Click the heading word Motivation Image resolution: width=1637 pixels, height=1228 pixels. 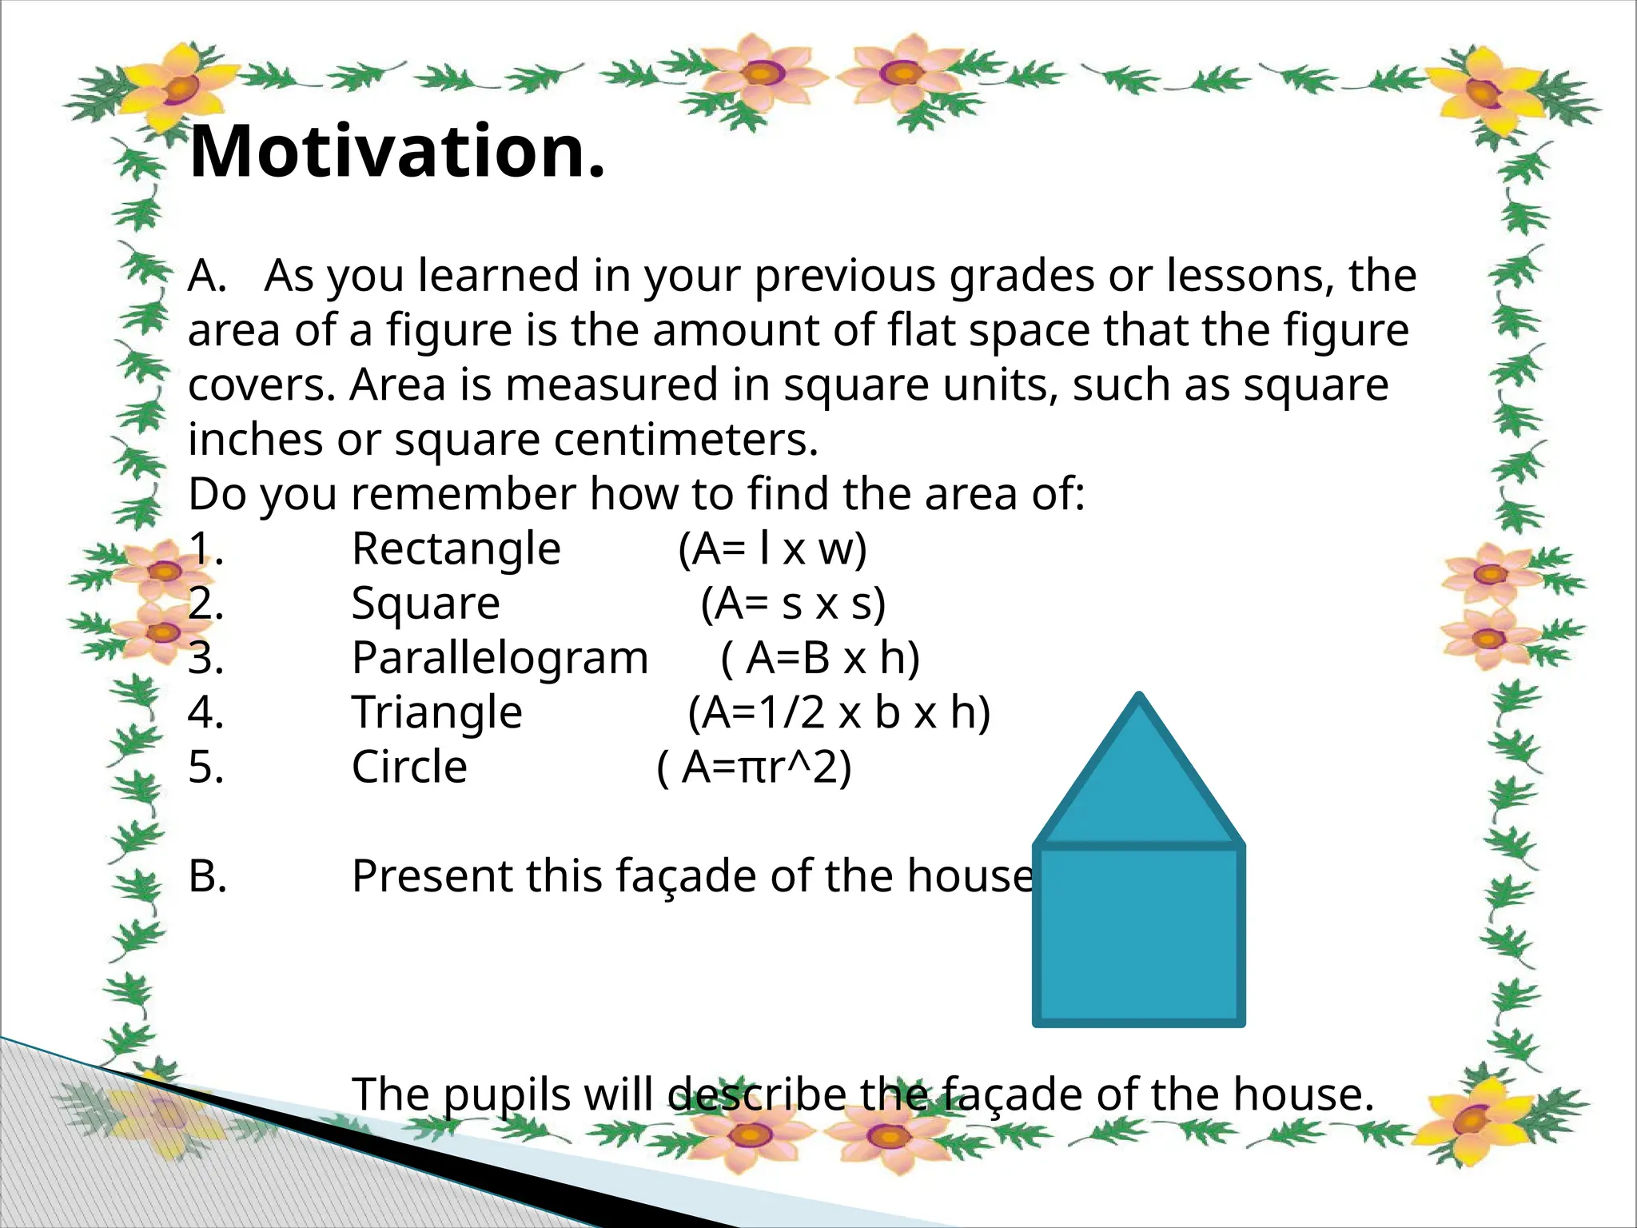point(397,152)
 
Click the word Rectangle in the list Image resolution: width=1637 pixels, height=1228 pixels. point(456,549)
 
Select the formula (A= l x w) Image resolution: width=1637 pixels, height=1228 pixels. point(772,549)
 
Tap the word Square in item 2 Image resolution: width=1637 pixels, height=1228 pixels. point(425,604)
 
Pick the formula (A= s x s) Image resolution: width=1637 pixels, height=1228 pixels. point(793,604)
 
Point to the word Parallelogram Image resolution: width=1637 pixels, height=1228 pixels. point(500,659)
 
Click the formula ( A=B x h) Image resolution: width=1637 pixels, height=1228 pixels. point(820,659)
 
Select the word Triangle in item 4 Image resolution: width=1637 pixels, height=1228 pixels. point(436,713)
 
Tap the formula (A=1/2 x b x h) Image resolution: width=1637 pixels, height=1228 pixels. point(839,713)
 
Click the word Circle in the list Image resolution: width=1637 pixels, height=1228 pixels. point(409,767)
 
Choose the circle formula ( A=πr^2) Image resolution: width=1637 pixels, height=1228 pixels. point(754,767)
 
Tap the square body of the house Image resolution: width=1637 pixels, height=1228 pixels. point(1139,935)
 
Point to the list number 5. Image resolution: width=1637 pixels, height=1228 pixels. point(205,767)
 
